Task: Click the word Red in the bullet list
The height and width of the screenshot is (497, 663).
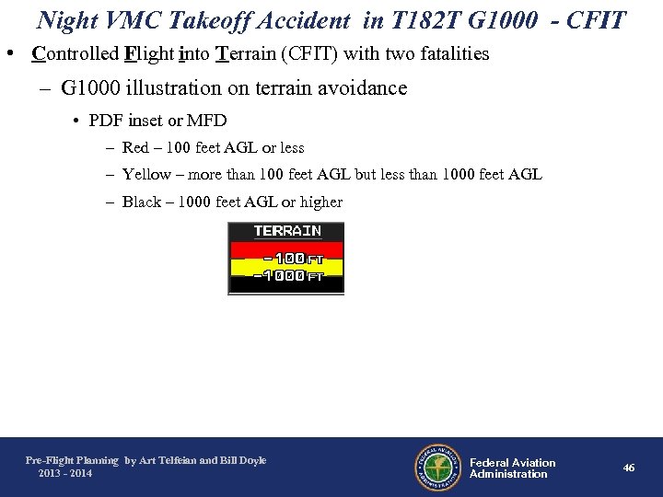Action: [135, 147]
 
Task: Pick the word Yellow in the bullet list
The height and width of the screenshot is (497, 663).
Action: [146, 175]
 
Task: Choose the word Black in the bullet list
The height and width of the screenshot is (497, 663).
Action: [142, 202]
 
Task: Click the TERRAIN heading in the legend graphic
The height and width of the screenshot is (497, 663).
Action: [286, 230]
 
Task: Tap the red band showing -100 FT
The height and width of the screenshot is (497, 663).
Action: [286, 249]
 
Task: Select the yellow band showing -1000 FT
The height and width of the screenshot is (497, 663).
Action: [286, 268]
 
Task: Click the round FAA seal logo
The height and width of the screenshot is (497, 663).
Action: [437, 468]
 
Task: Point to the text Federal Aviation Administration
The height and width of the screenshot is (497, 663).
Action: [512, 468]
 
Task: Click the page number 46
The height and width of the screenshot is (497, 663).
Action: [629, 468]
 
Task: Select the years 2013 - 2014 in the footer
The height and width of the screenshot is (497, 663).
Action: [65, 473]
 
